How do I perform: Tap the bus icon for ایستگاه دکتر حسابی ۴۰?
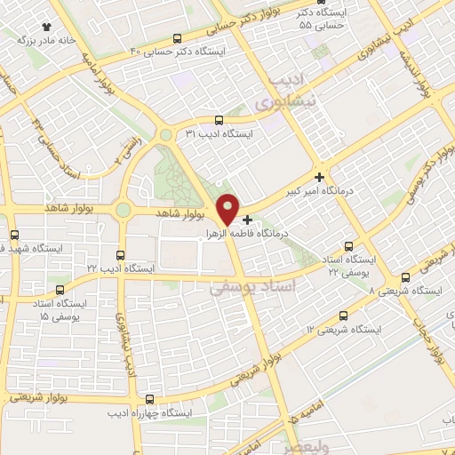point(177,39)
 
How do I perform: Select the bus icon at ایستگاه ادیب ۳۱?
point(219,119)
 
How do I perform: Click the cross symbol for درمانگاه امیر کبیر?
point(319,177)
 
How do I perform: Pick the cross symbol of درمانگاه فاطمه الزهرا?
point(247,219)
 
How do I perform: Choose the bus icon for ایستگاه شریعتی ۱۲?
point(344,315)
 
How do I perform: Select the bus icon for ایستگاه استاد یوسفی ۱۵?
point(60,290)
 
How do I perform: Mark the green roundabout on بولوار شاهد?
point(123,211)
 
